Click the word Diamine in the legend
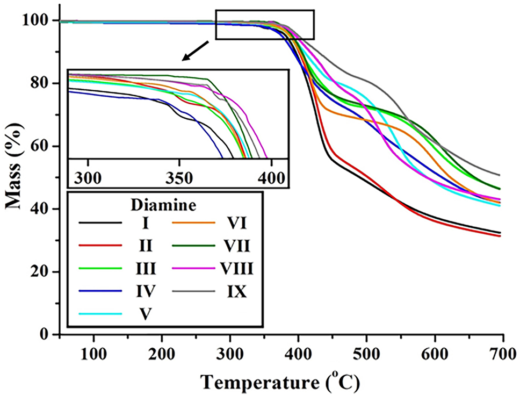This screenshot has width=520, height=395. (164, 205)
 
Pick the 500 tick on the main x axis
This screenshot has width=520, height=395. (366, 356)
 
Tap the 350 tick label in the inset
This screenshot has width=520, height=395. (179, 178)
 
